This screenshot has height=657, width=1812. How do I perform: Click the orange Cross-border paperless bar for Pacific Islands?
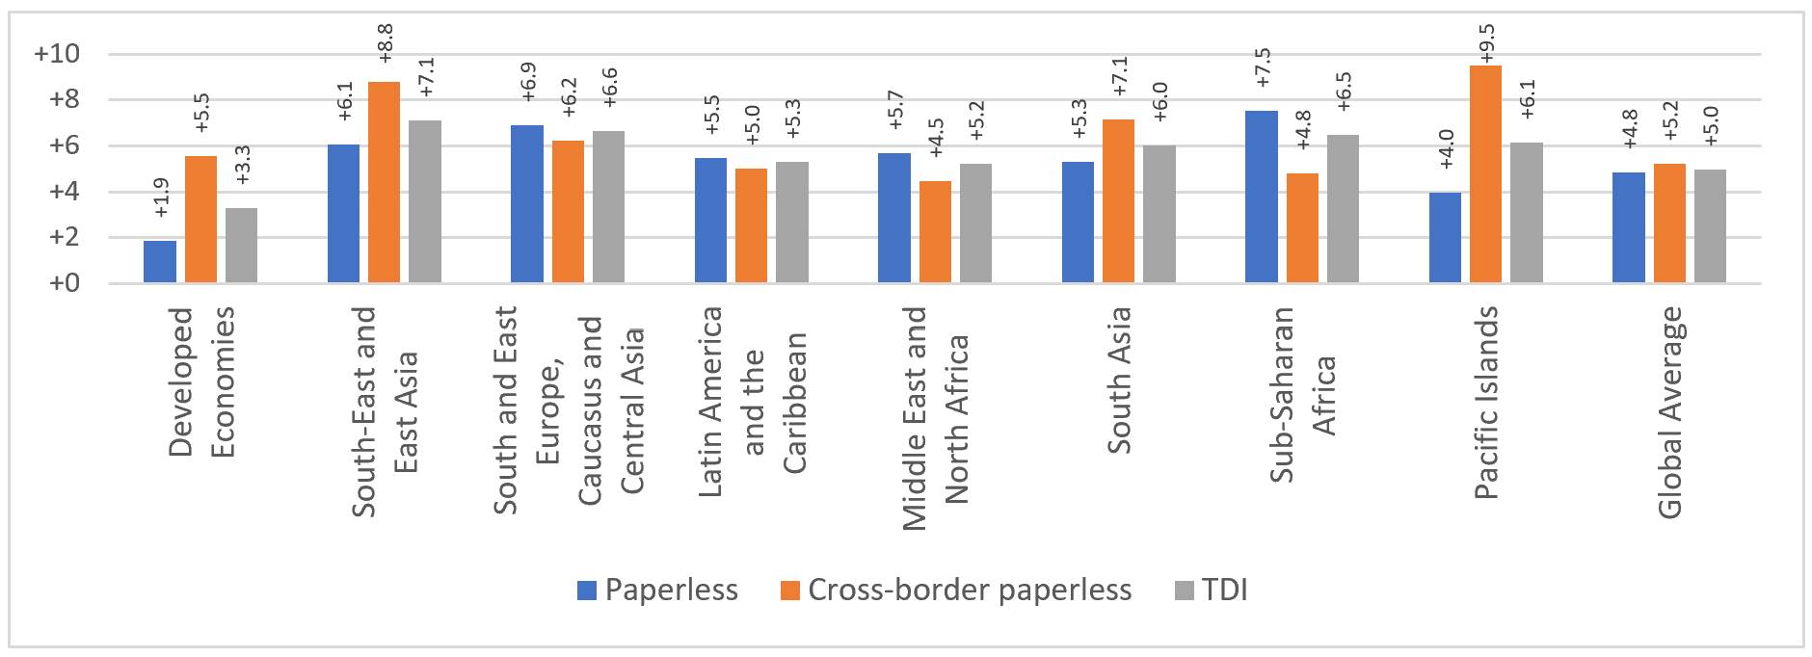click(1485, 174)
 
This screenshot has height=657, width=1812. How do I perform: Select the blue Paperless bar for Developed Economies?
click(160, 262)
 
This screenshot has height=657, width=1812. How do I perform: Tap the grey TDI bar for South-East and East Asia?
click(425, 202)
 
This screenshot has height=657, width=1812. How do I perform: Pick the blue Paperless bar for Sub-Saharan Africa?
click(1262, 197)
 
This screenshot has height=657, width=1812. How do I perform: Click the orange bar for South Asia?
click(1119, 201)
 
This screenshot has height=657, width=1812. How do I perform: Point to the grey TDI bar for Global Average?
click(1710, 226)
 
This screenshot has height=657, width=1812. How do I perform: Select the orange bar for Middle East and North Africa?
click(935, 232)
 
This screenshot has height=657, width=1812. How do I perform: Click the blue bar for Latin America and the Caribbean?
click(711, 221)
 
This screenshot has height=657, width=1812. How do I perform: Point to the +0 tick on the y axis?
click(63, 284)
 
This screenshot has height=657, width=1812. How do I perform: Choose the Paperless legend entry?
click(658, 591)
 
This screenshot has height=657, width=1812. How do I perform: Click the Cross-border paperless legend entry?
click(957, 591)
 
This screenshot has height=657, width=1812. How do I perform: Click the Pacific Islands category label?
click(1487, 403)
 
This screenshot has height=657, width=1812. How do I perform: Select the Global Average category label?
click(1670, 412)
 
